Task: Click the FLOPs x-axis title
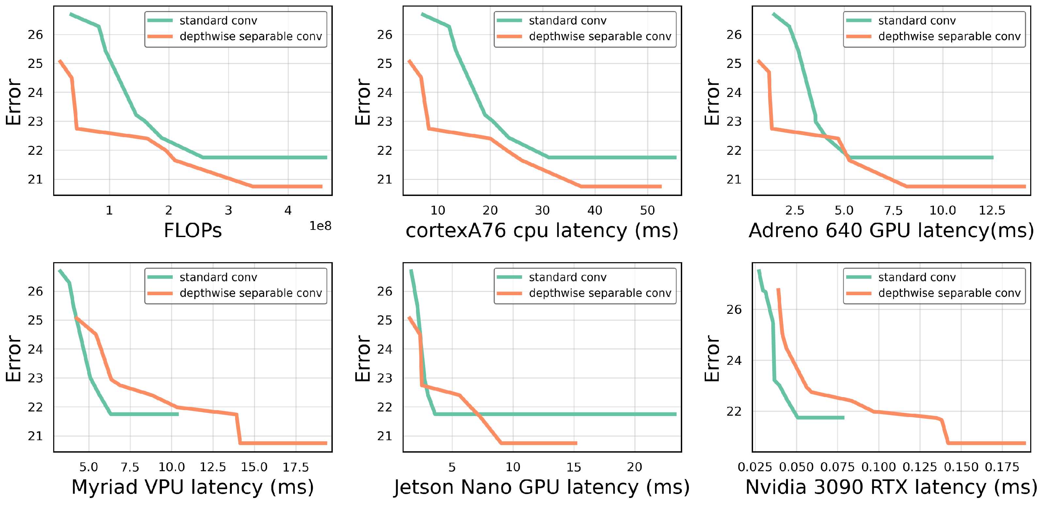click(x=193, y=231)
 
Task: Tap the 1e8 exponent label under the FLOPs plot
click(x=320, y=226)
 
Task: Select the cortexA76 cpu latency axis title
click(x=542, y=231)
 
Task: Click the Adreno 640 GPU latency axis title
click(x=891, y=231)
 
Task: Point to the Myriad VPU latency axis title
click(x=193, y=487)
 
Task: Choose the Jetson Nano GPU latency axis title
click(x=542, y=487)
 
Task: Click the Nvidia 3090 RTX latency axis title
click(x=891, y=487)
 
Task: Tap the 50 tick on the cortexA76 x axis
click(x=647, y=210)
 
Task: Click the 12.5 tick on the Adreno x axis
click(x=992, y=210)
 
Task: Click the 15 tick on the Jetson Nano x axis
click(x=574, y=467)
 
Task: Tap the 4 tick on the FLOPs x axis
click(x=288, y=210)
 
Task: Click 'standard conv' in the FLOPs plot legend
click(x=218, y=21)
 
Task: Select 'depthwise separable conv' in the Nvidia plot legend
click(x=949, y=293)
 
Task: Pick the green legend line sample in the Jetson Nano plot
click(x=509, y=277)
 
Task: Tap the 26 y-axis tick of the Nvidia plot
click(x=734, y=310)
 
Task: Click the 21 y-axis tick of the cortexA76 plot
click(x=384, y=179)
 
